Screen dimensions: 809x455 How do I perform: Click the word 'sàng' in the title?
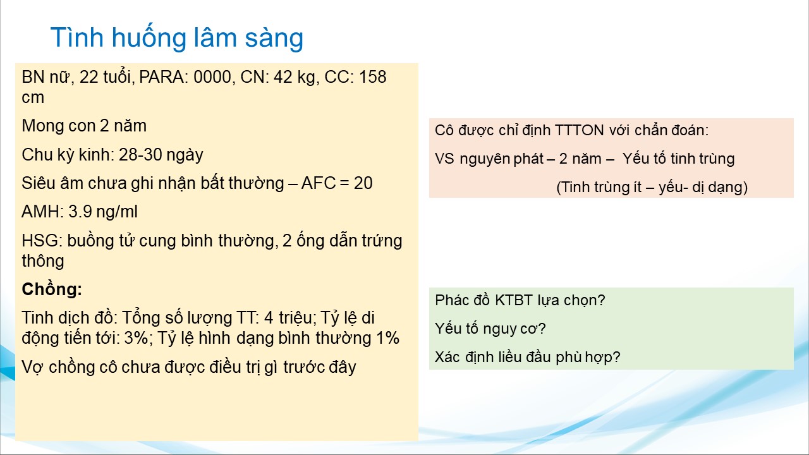pos(274,39)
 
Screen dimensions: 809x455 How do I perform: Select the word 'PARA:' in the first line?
pos(164,77)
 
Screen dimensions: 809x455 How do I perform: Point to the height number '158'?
pos(373,77)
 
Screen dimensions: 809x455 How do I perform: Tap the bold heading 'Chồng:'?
pos(52,289)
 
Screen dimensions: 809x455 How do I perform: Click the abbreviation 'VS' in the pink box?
pos(444,159)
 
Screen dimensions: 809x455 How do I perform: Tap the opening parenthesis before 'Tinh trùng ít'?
pos(559,188)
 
